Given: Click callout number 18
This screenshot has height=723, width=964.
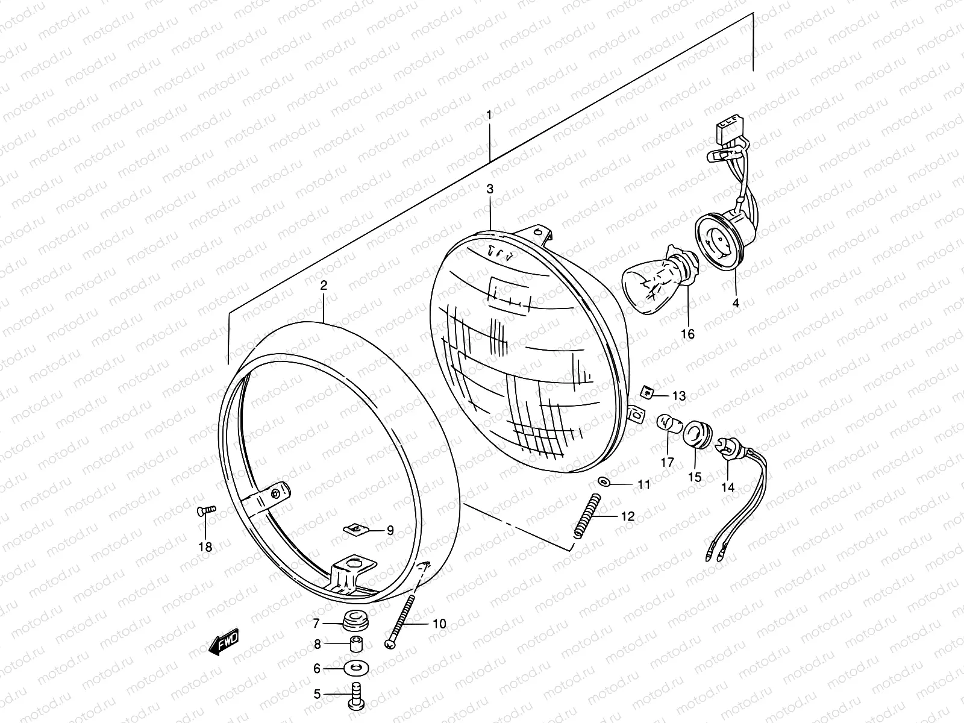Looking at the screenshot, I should tap(205, 547).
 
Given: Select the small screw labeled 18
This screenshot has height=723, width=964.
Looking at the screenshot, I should tap(206, 510).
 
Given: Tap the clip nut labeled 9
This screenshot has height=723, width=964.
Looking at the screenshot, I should tap(357, 530).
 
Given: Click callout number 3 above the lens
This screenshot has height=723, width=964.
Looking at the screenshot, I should tap(490, 189).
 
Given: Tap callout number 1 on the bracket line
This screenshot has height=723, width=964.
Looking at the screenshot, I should tap(489, 114).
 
